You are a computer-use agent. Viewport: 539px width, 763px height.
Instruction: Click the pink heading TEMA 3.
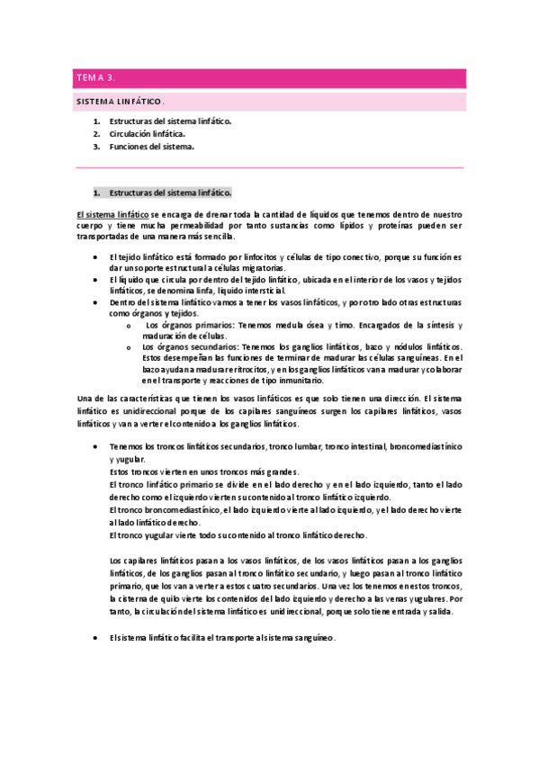click(91, 78)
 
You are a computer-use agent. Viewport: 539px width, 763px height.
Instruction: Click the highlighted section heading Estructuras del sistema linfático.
click(170, 193)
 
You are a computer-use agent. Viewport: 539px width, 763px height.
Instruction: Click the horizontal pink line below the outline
click(269, 168)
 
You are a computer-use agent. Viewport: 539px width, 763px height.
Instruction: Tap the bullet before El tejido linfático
click(96, 257)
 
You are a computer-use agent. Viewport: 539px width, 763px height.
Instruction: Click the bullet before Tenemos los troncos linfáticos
click(96, 447)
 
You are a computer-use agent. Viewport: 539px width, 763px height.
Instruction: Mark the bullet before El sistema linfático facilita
click(96, 637)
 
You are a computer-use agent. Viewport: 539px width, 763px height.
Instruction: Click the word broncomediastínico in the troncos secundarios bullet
click(423, 447)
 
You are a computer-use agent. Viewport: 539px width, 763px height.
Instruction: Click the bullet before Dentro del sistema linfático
click(96, 303)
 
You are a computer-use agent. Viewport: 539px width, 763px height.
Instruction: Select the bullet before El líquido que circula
click(96, 280)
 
